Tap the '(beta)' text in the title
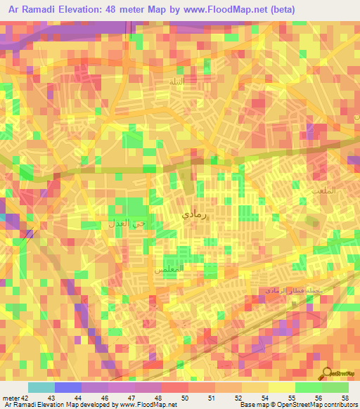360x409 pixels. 281,9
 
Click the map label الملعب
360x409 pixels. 324,190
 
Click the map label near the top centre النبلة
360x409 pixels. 176,82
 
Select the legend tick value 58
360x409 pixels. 345,398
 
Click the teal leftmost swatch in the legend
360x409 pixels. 41,387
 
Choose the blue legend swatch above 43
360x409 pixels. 67,387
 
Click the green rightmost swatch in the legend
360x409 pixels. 335,387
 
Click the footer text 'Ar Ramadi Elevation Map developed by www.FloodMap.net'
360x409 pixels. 89,405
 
